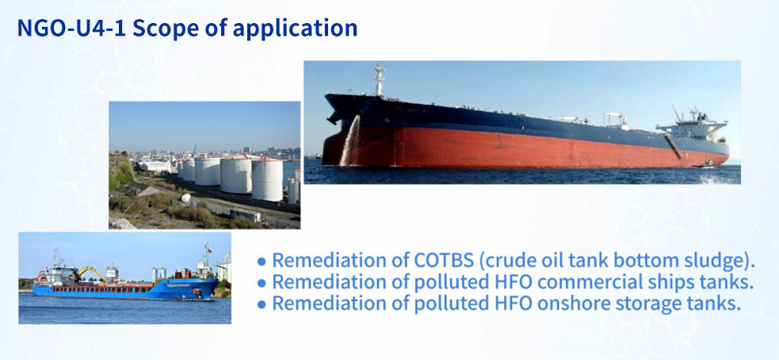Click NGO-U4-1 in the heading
tap(71, 29)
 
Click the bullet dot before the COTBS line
tap(262, 261)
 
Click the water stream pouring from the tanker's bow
tap(349, 142)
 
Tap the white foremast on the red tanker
tap(380, 80)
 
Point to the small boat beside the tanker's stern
tap(705, 165)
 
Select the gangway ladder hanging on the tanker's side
tap(674, 145)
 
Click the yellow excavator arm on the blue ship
tap(87, 271)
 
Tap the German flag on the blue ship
tap(210, 250)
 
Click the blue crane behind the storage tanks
tap(194, 151)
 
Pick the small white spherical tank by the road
tap(185, 198)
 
